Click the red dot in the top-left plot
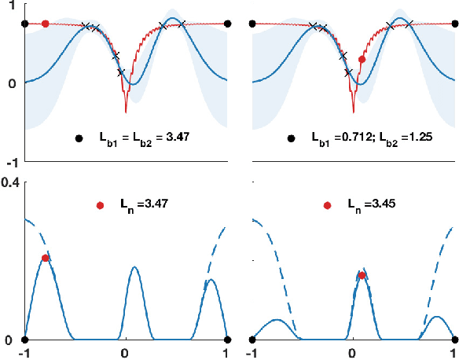[45, 24]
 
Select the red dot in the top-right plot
[362, 59]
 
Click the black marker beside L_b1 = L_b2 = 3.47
[79, 138]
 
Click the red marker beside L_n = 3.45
[328, 205]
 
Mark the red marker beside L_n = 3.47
[100, 205]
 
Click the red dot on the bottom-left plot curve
[45, 258]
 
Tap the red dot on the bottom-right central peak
[362, 275]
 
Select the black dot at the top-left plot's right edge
[227, 24]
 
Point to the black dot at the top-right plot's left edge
[252, 24]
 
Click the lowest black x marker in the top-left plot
[121, 72]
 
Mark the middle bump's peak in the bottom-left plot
[134, 267]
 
